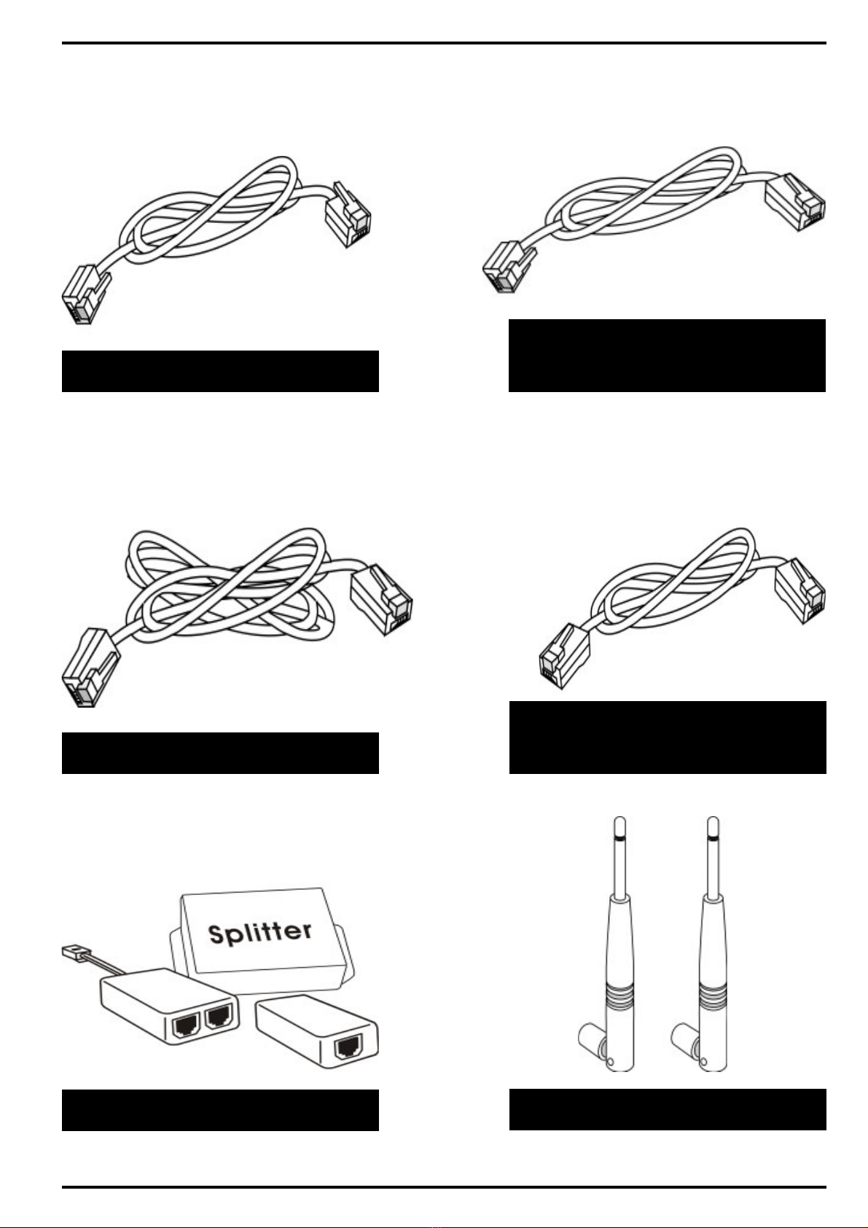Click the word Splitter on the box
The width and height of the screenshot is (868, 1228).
tap(260, 932)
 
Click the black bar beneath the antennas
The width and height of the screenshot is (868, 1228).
tap(667, 1109)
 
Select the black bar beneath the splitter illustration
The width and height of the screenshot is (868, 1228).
tap(220, 1110)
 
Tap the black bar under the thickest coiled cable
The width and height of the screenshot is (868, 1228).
tap(220, 753)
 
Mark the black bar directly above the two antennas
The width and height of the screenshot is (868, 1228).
tap(667, 737)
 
